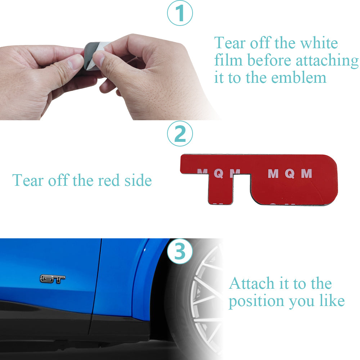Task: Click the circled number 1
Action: click(180, 13)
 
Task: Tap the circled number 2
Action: click(180, 134)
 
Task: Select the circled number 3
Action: click(180, 251)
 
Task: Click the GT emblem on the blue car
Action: click(53, 279)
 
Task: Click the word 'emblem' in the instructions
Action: click(299, 78)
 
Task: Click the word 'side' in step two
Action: click(138, 180)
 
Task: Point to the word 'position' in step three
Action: click(257, 301)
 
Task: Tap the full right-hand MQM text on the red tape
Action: click(290, 174)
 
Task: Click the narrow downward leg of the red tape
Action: click(220, 188)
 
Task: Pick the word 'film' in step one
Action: click(228, 60)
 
